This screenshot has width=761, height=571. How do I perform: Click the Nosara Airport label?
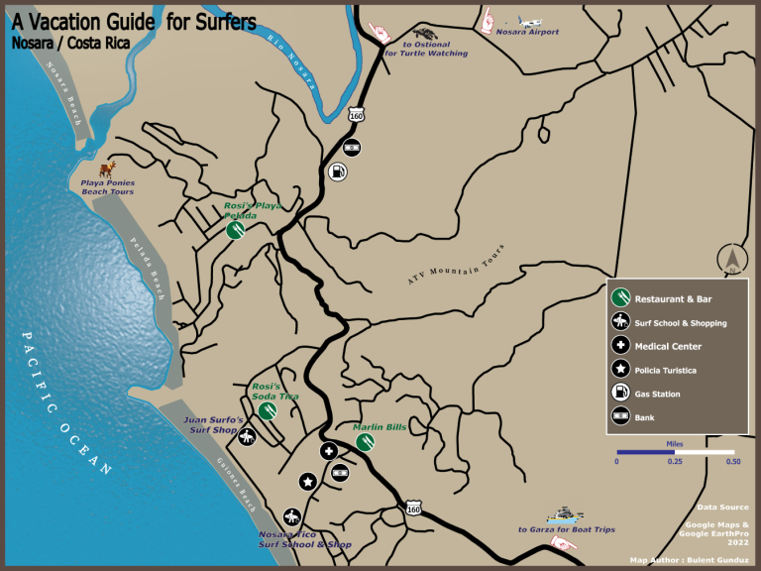(527, 32)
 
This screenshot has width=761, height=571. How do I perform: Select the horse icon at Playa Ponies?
(111, 169)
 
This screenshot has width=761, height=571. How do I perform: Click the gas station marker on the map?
(338, 171)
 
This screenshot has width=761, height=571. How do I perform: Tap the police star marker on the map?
(307, 482)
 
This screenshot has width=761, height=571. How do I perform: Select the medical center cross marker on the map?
(329, 451)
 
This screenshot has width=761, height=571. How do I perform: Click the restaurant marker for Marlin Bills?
(365, 442)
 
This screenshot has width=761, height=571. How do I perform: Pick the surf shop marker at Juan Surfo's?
(248, 435)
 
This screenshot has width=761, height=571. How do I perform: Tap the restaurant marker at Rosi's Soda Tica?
(266, 410)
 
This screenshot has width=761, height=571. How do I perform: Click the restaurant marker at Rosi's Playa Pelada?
(235, 230)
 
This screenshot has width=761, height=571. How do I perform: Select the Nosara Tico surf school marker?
(291, 516)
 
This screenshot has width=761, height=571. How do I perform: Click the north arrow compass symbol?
(731, 259)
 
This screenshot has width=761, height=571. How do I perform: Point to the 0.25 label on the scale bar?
(674, 461)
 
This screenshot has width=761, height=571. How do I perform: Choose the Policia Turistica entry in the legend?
(665, 370)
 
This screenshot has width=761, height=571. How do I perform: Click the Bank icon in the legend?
(619, 417)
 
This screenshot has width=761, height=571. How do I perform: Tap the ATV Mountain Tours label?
(456, 265)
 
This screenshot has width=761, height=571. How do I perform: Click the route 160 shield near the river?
(356, 116)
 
